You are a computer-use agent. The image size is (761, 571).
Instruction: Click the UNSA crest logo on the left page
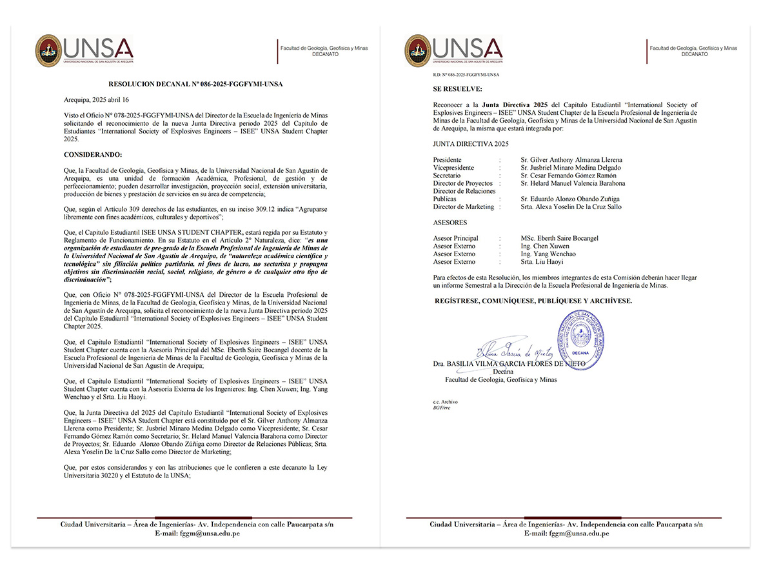48,50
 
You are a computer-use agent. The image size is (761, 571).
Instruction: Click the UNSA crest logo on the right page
418,50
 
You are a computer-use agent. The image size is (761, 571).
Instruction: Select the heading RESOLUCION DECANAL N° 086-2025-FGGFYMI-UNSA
195,84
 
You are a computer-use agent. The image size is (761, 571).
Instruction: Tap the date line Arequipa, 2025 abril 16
96,100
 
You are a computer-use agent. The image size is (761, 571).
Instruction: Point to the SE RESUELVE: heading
457,88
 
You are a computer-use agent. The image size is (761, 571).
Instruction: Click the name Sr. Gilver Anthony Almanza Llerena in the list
571,160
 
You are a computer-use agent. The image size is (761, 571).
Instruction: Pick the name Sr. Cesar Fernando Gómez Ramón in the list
568,175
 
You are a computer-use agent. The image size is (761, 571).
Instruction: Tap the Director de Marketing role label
463,206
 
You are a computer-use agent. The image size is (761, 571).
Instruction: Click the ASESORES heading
451,223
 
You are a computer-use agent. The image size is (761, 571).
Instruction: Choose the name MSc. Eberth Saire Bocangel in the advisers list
559,238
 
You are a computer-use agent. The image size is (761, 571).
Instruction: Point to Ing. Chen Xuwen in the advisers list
545,246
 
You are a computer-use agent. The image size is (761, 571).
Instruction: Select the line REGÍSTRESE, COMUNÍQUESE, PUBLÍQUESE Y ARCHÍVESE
533,301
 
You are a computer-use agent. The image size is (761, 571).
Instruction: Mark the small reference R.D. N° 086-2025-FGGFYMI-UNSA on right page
458,75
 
